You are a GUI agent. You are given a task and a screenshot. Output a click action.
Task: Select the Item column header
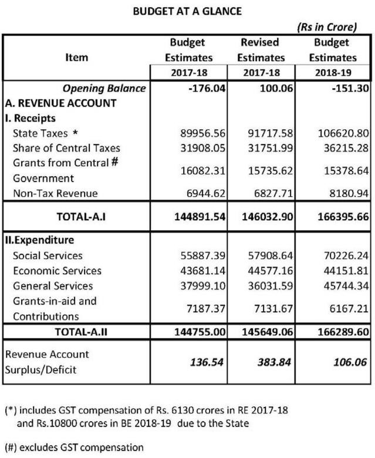[x=76, y=58]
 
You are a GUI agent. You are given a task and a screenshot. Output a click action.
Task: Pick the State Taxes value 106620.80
[x=333, y=134]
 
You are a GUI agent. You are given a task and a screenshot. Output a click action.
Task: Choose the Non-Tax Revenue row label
[x=55, y=194]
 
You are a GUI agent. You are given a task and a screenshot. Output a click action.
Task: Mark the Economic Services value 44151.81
[x=333, y=271]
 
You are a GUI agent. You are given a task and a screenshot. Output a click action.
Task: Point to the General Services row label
[x=53, y=286]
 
